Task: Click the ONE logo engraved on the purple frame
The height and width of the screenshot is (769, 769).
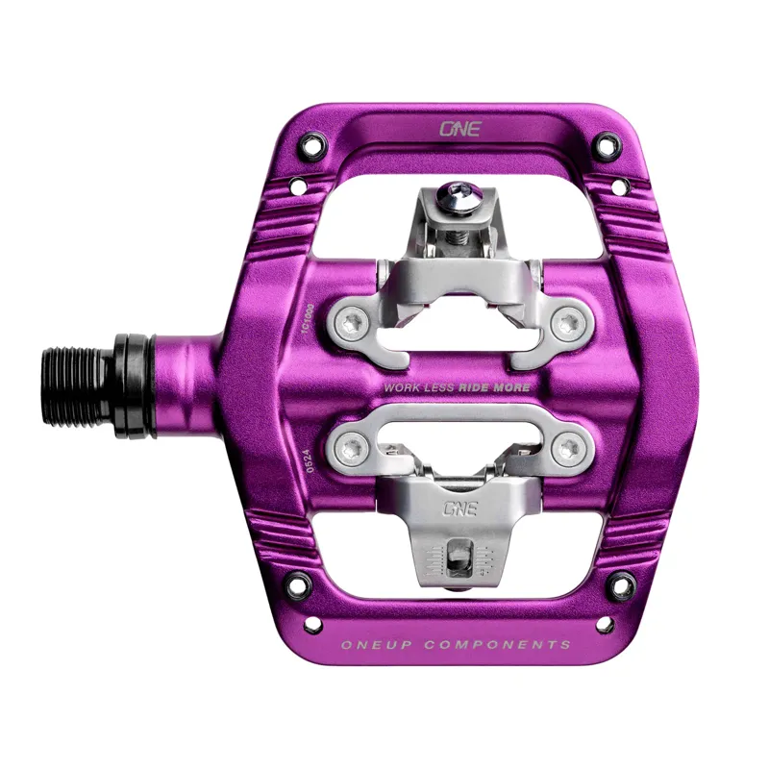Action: click(x=459, y=127)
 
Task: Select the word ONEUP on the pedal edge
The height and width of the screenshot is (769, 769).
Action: click(x=376, y=645)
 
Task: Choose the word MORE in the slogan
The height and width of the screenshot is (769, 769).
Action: click(x=513, y=387)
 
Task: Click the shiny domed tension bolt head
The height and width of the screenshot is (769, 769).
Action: click(x=451, y=200)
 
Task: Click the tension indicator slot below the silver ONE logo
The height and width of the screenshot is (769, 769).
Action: click(x=459, y=556)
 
